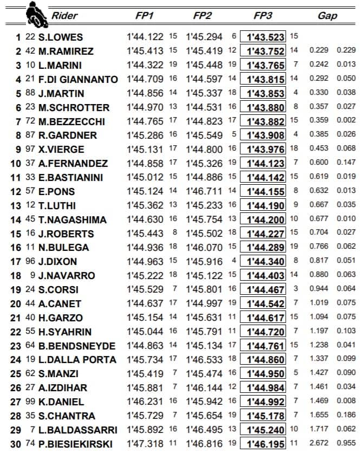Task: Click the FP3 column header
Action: [263, 16]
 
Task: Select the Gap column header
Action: [328, 16]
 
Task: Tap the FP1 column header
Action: [145, 16]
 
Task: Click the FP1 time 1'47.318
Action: [145, 444]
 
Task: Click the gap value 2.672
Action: [319, 444]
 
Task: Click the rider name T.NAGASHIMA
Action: [72, 219]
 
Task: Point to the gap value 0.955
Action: [346, 444]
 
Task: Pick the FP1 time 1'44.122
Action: [145, 37]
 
